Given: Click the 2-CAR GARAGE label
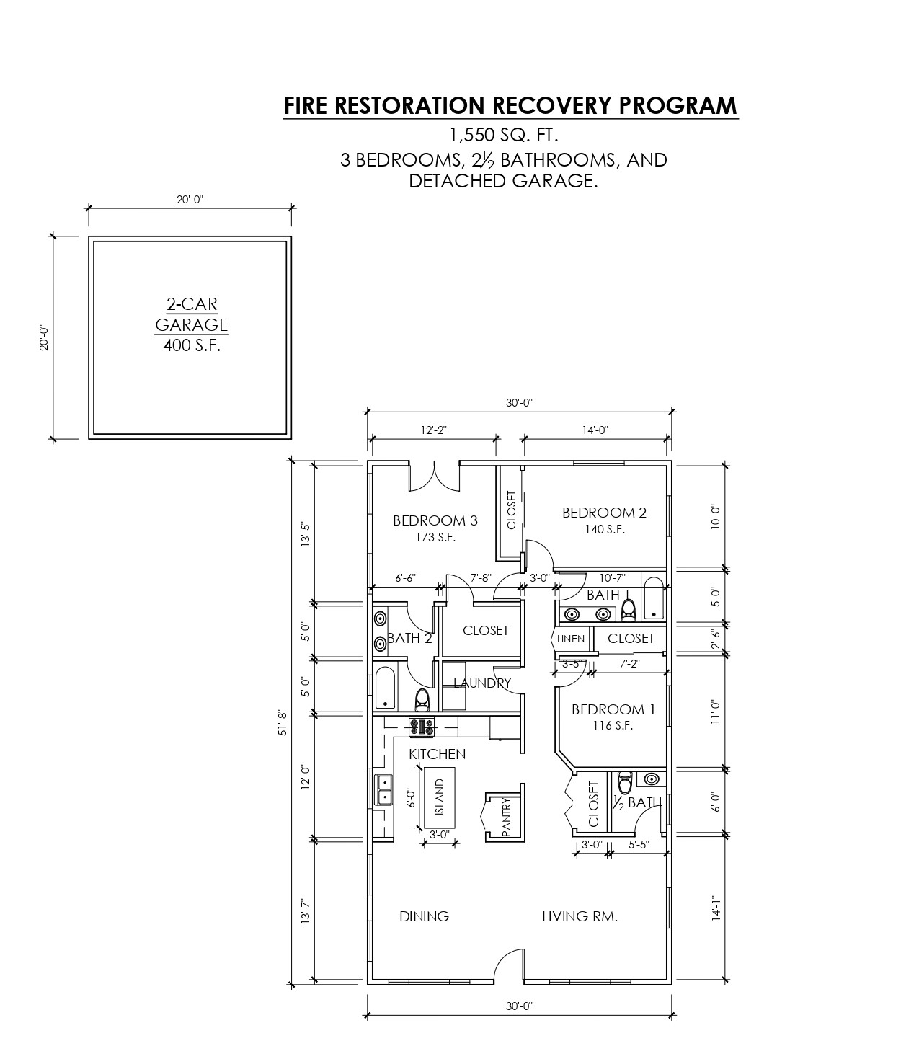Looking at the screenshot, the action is [x=192, y=314].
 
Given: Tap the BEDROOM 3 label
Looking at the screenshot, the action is [x=435, y=520].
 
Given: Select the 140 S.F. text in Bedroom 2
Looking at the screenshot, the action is [x=605, y=529].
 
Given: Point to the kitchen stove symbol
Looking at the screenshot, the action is [x=422, y=727].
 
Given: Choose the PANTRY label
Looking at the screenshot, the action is [x=506, y=816].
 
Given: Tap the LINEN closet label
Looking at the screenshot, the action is [x=571, y=639].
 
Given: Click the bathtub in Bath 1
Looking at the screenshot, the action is [x=654, y=599].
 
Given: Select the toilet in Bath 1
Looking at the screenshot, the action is [x=629, y=610].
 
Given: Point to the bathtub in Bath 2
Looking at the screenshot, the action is [x=385, y=688].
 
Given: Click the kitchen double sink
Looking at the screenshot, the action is [x=383, y=790].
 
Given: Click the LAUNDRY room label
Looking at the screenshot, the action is [x=482, y=683].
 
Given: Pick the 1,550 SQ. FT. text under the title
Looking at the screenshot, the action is [x=504, y=136].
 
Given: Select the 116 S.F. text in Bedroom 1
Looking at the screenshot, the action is [x=613, y=725].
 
